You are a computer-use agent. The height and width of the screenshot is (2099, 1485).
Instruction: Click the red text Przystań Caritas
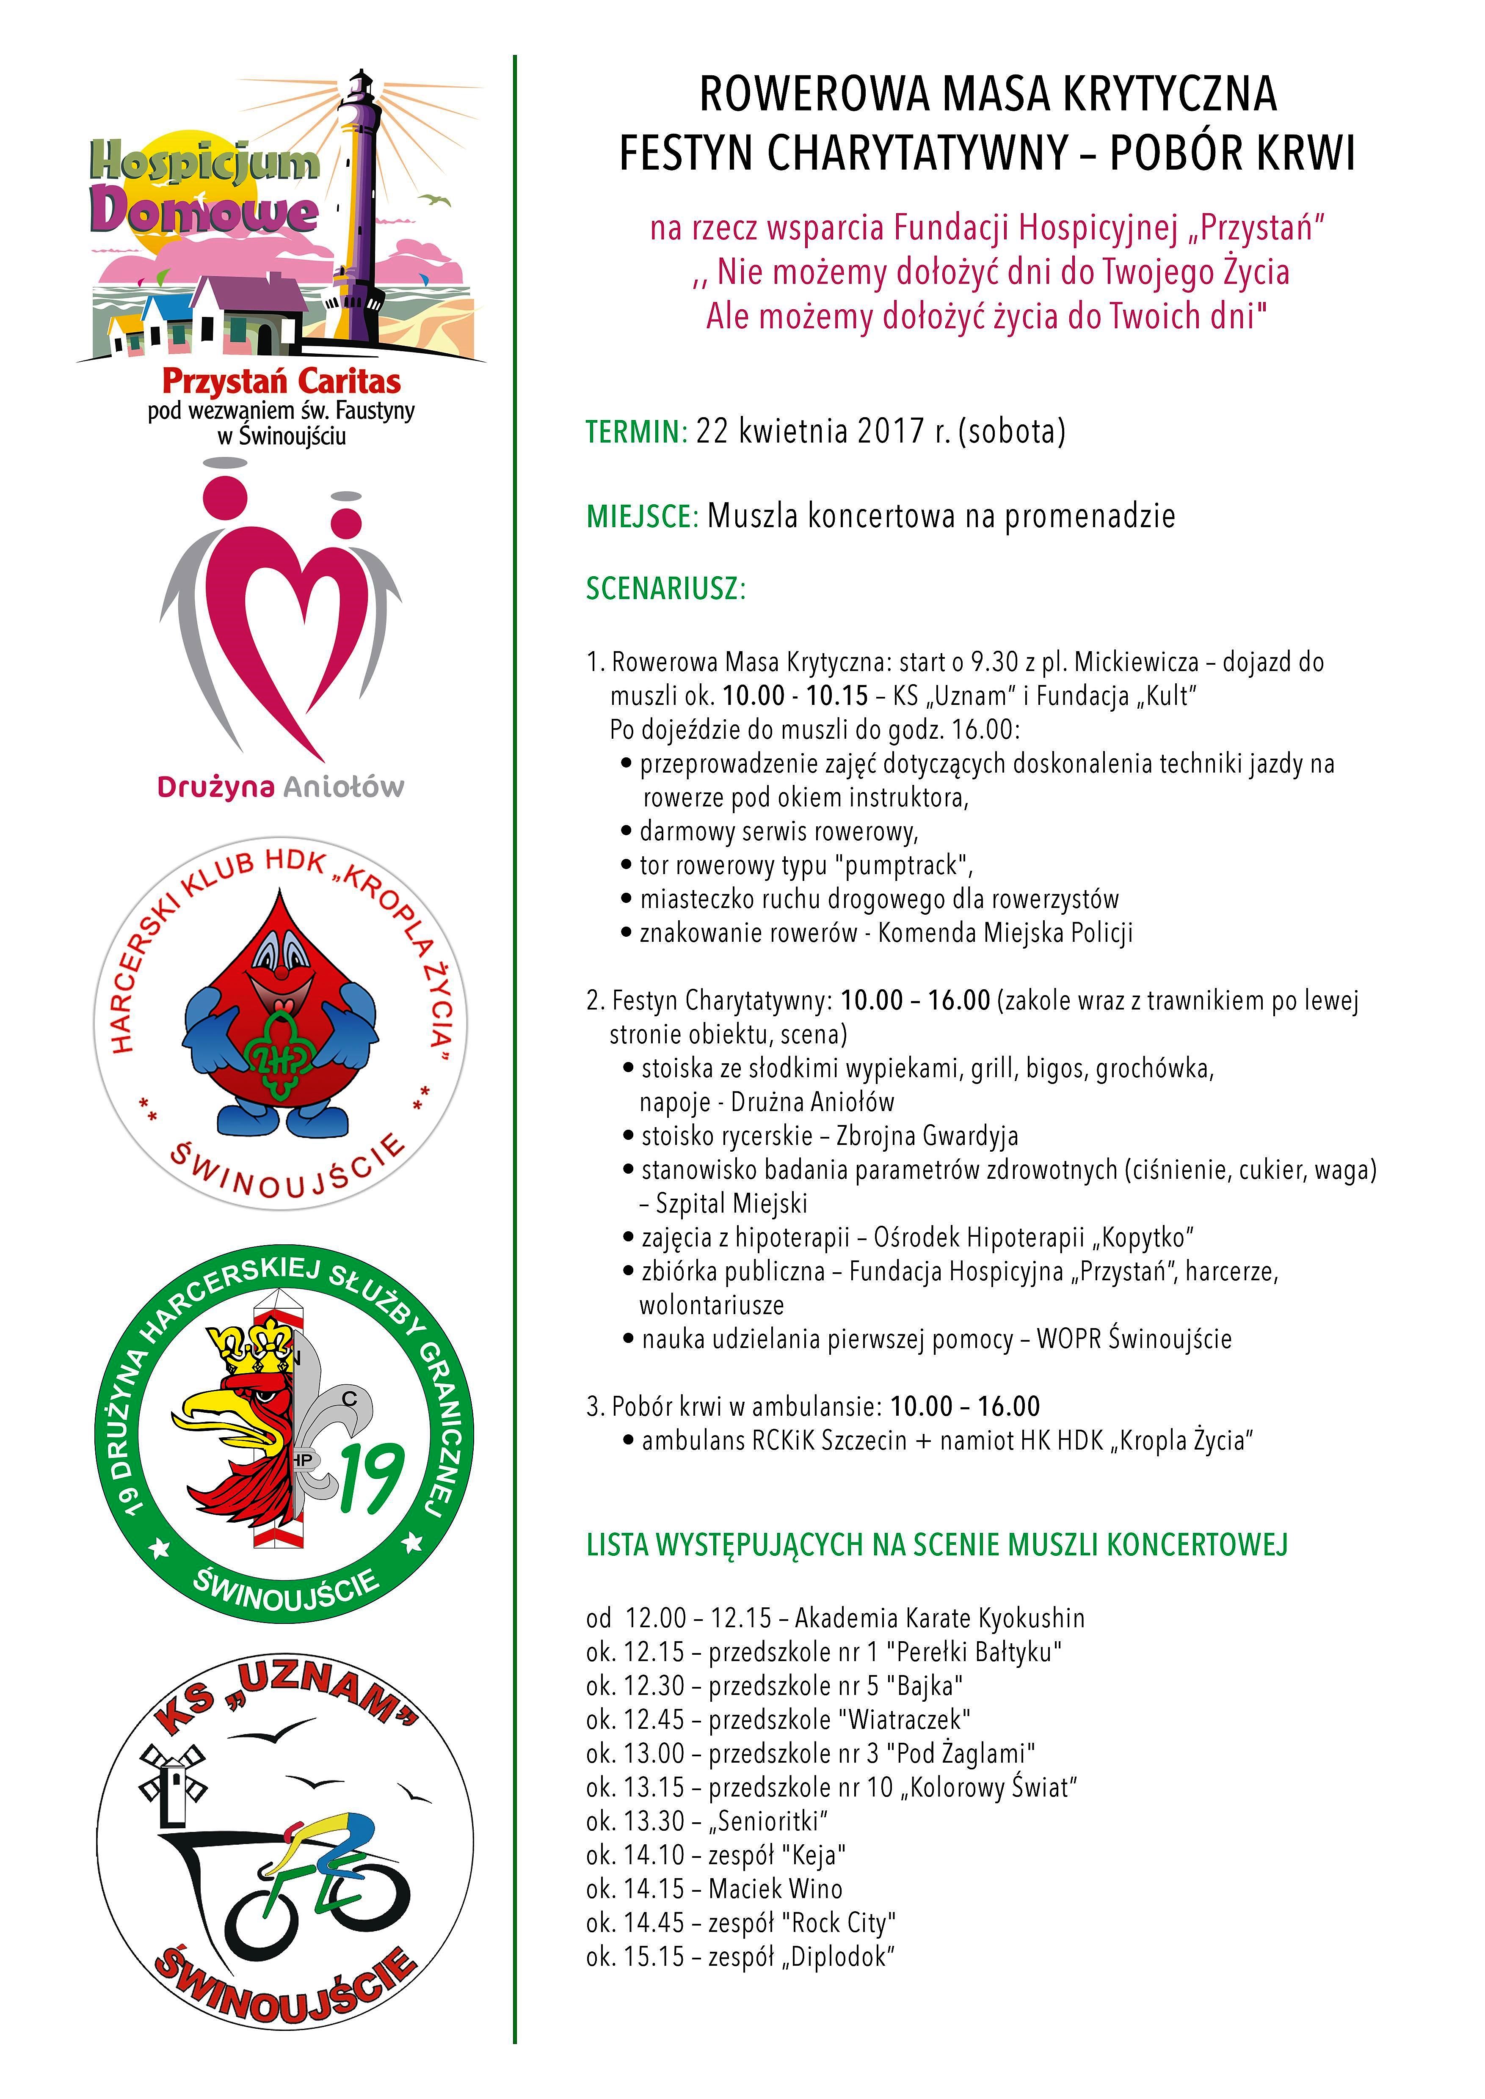coord(281,381)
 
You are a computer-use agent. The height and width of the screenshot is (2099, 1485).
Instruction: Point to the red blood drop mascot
coord(279,1015)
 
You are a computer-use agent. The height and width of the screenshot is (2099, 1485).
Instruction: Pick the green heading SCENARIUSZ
coord(666,589)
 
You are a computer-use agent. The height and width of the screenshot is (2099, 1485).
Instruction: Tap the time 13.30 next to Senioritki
coord(655,1821)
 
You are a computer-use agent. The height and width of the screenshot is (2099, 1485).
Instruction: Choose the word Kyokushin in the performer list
coord(1032,1618)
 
